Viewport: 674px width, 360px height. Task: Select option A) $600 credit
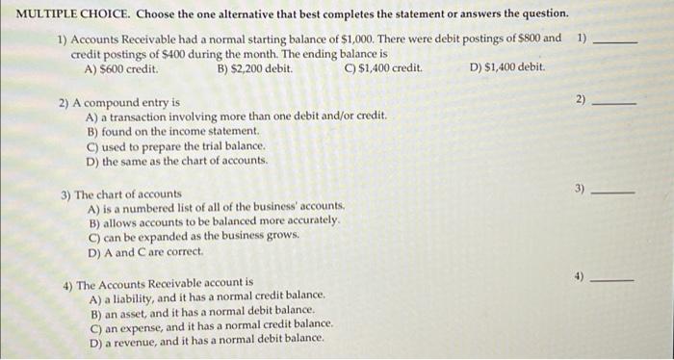[121, 69]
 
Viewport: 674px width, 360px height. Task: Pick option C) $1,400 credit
[382, 69]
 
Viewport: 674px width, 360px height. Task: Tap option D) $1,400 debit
[507, 69]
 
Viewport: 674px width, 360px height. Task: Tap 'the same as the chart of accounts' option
[176, 161]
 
